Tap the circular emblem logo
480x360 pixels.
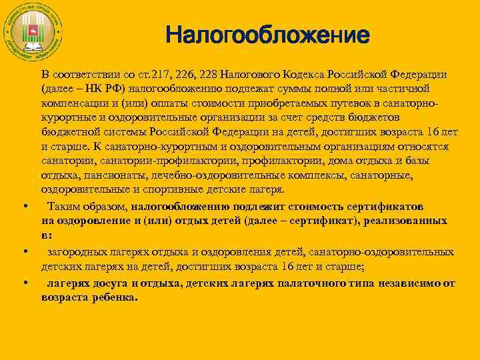33,33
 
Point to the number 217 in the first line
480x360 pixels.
161,74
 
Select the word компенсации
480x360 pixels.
71,103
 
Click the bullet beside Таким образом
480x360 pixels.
24,205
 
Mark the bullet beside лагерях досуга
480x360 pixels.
24,283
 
